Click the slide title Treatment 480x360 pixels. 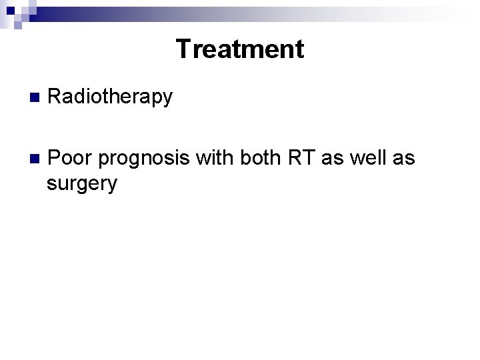pyautogui.click(x=239, y=49)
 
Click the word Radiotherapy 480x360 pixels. pyautogui.click(x=111, y=97)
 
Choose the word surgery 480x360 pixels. pyautogui.click(x=81, y=185)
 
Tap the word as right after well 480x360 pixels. pyautogui.click(x=403, y=159)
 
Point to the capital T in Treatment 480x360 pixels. pyautogui.click(x=183, y=49)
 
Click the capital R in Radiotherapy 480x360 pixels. pyautogui.click(x=56, y=97)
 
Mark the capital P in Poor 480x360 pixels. pyautogui.click(x=56, y=158)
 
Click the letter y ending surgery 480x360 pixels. pyautogui.click(x=111, y=187)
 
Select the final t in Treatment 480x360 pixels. pyautogui.click(x=299, y=50)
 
